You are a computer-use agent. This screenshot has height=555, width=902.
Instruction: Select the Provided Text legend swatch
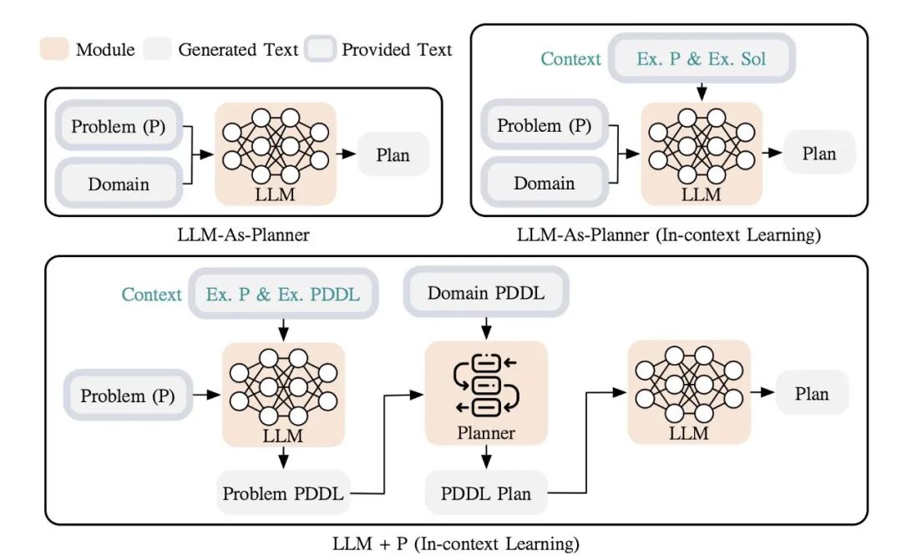pyautogui.click(x=322, y=49)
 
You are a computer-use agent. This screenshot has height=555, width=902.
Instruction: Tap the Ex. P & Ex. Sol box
pyautogui.click(x=702, y=58)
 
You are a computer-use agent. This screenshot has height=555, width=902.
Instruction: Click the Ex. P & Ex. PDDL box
pyautogui.click(x=283, y=295)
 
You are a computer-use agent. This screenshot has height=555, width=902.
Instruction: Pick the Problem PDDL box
pyautogui.click(x=283, y=493)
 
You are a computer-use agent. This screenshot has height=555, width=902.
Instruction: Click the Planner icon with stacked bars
pyautogui.click(x=486, y=384)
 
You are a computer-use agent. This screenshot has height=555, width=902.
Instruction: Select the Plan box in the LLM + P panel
pyautogui.click(x=811, y=393)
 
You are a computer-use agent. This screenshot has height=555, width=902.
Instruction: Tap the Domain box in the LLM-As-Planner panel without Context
pyautogui.click(x=119, y=184)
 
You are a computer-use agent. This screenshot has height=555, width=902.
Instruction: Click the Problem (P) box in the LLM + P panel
pyautogui.click(x=128, y=395)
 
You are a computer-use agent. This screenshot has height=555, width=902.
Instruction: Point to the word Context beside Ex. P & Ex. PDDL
pyautogui.click(x=151, y=295)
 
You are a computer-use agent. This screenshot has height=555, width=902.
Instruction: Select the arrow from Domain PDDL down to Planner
pyautogui.click(x=485, y=327)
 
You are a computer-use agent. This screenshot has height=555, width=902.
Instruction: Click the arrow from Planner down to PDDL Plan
pyautogui.click(x=485, y=458)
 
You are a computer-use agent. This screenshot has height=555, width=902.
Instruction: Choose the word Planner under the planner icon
pyautogui.click(x=485, y=433)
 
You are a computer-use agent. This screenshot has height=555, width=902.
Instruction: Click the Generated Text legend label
pyautogui.click(x=238, y=49)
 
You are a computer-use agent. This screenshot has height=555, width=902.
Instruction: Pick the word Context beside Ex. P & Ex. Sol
pyautogui.click(x=570, y=58)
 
